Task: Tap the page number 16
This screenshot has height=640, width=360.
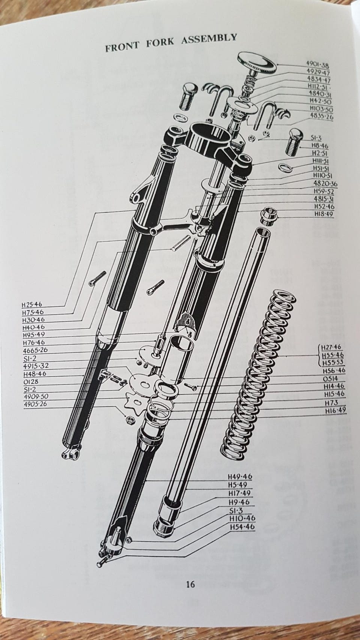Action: pyautogui.click(x=190, y=584)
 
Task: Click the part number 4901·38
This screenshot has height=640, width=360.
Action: pyautogui.click(x=317, y=65)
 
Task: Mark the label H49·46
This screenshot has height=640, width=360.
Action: pyautogui.click(x=240, y=477)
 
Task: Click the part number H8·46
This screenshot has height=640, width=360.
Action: pyautogui.click(x=320, y=146)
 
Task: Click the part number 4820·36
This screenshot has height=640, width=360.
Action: pyautogui.click(x=325, y=183)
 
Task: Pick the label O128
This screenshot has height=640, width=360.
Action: pyautogui.click(x=31, y=381)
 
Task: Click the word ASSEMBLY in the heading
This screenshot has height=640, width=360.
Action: pyautogui.click(x=209, y=39)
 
